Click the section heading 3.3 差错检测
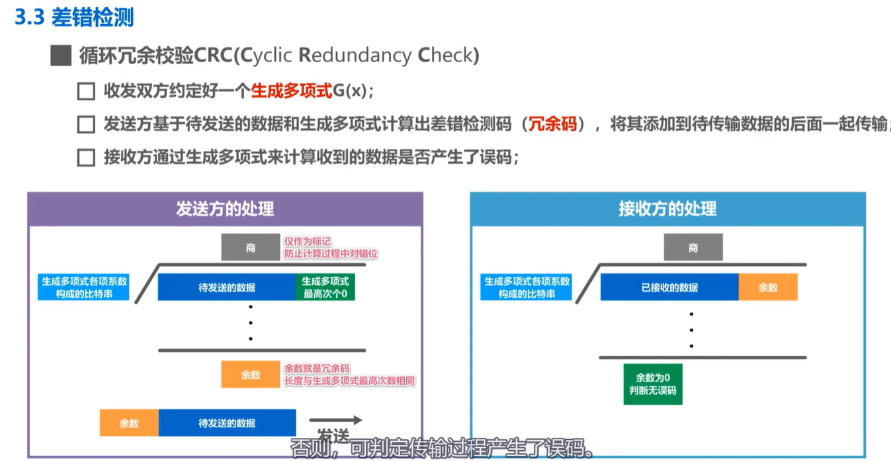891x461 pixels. [x=74, y=17]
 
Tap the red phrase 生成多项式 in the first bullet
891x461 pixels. [x=291, y=91]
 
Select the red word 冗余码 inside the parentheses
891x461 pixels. [x=553, y=124]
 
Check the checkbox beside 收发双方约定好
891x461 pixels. [x=86, y=91]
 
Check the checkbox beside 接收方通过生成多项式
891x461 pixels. [x=86, y=158]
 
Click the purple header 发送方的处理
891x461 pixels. [x=225, y=209]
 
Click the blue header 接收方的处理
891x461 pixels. [x=667, y=209]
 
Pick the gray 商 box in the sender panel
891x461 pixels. [x=250, y=248]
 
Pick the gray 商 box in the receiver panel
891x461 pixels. [x=693, y=248]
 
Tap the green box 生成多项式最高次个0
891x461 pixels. [x=325, y=288]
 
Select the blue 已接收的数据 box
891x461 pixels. [x=669, y=288]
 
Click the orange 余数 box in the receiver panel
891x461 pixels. [x=768, y=288]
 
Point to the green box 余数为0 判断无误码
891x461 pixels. [x=653, y=384]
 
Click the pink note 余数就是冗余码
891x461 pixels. [x=317, y=368]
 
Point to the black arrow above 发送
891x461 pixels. [x=336, y=419]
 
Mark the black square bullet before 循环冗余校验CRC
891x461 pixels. [x=60, y=56]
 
